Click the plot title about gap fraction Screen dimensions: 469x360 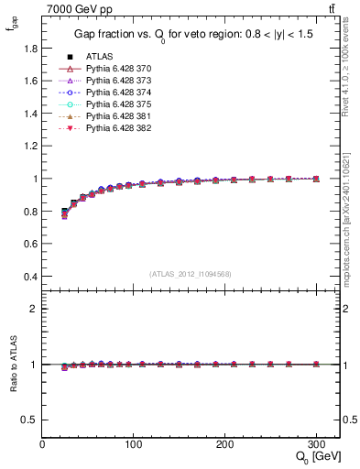[x=191, y=36]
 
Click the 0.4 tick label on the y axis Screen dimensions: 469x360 [x=29, y=276]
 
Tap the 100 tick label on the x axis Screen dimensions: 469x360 [x=134, y=443]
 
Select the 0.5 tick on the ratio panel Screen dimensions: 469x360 [x=29, y=420]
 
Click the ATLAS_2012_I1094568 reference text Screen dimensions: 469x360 [x=190, y=273]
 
